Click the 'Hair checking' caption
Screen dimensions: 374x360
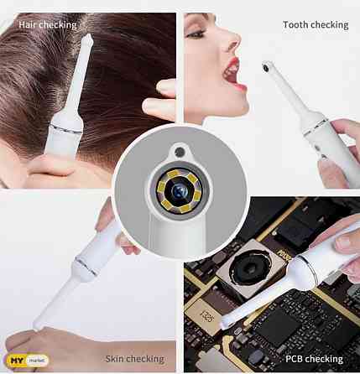click(47, 24)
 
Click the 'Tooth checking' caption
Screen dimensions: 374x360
click(315, 24)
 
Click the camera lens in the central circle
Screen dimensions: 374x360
click(180, 192)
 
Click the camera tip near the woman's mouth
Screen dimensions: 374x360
click(266, 65)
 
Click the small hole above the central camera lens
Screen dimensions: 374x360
click(177, 152)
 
